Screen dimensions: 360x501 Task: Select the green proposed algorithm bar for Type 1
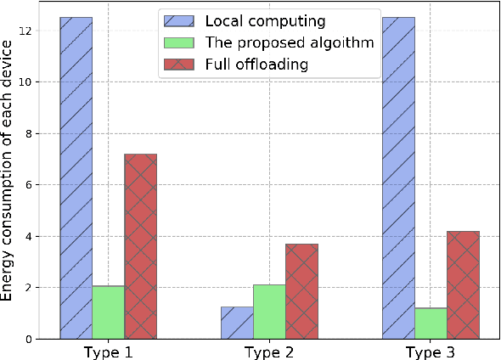pos(109,312)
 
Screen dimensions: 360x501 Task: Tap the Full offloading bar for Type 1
pos(141,246)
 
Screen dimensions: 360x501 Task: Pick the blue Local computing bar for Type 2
pos(237,323)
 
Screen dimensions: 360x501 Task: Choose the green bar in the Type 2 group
pos(269,311)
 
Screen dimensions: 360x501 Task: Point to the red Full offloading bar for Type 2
pos(301,290)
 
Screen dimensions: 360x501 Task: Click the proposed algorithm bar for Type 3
pos(431,323)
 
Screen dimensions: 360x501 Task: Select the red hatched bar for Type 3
pos(463,284)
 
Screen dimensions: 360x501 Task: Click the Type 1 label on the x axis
pos(109,350)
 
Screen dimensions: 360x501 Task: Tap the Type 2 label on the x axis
pos(269,350)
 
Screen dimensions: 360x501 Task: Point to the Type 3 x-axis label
pos(431,350)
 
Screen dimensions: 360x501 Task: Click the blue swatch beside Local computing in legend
pos(180,20)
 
